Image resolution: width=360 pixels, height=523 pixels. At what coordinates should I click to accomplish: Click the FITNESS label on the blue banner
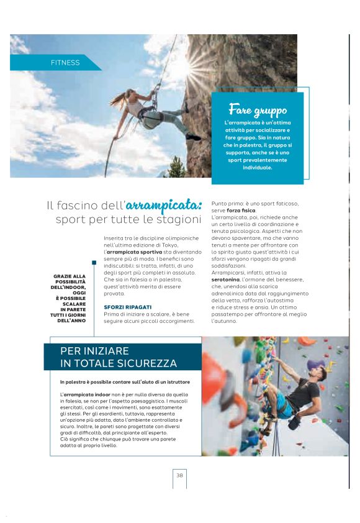65,63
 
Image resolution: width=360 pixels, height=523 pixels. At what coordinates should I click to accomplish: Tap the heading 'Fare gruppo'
258,110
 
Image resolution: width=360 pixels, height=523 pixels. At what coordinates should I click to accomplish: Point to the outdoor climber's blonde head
131,96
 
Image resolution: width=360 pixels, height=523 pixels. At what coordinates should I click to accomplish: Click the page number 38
179,475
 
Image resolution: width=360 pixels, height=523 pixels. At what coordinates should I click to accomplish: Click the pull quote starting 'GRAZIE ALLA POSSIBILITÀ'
70,298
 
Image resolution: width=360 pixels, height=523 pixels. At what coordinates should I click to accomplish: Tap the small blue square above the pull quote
94,263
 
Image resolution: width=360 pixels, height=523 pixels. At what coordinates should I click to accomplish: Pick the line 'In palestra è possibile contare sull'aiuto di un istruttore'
125,381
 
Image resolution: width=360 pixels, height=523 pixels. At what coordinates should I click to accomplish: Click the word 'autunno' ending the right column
225,322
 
